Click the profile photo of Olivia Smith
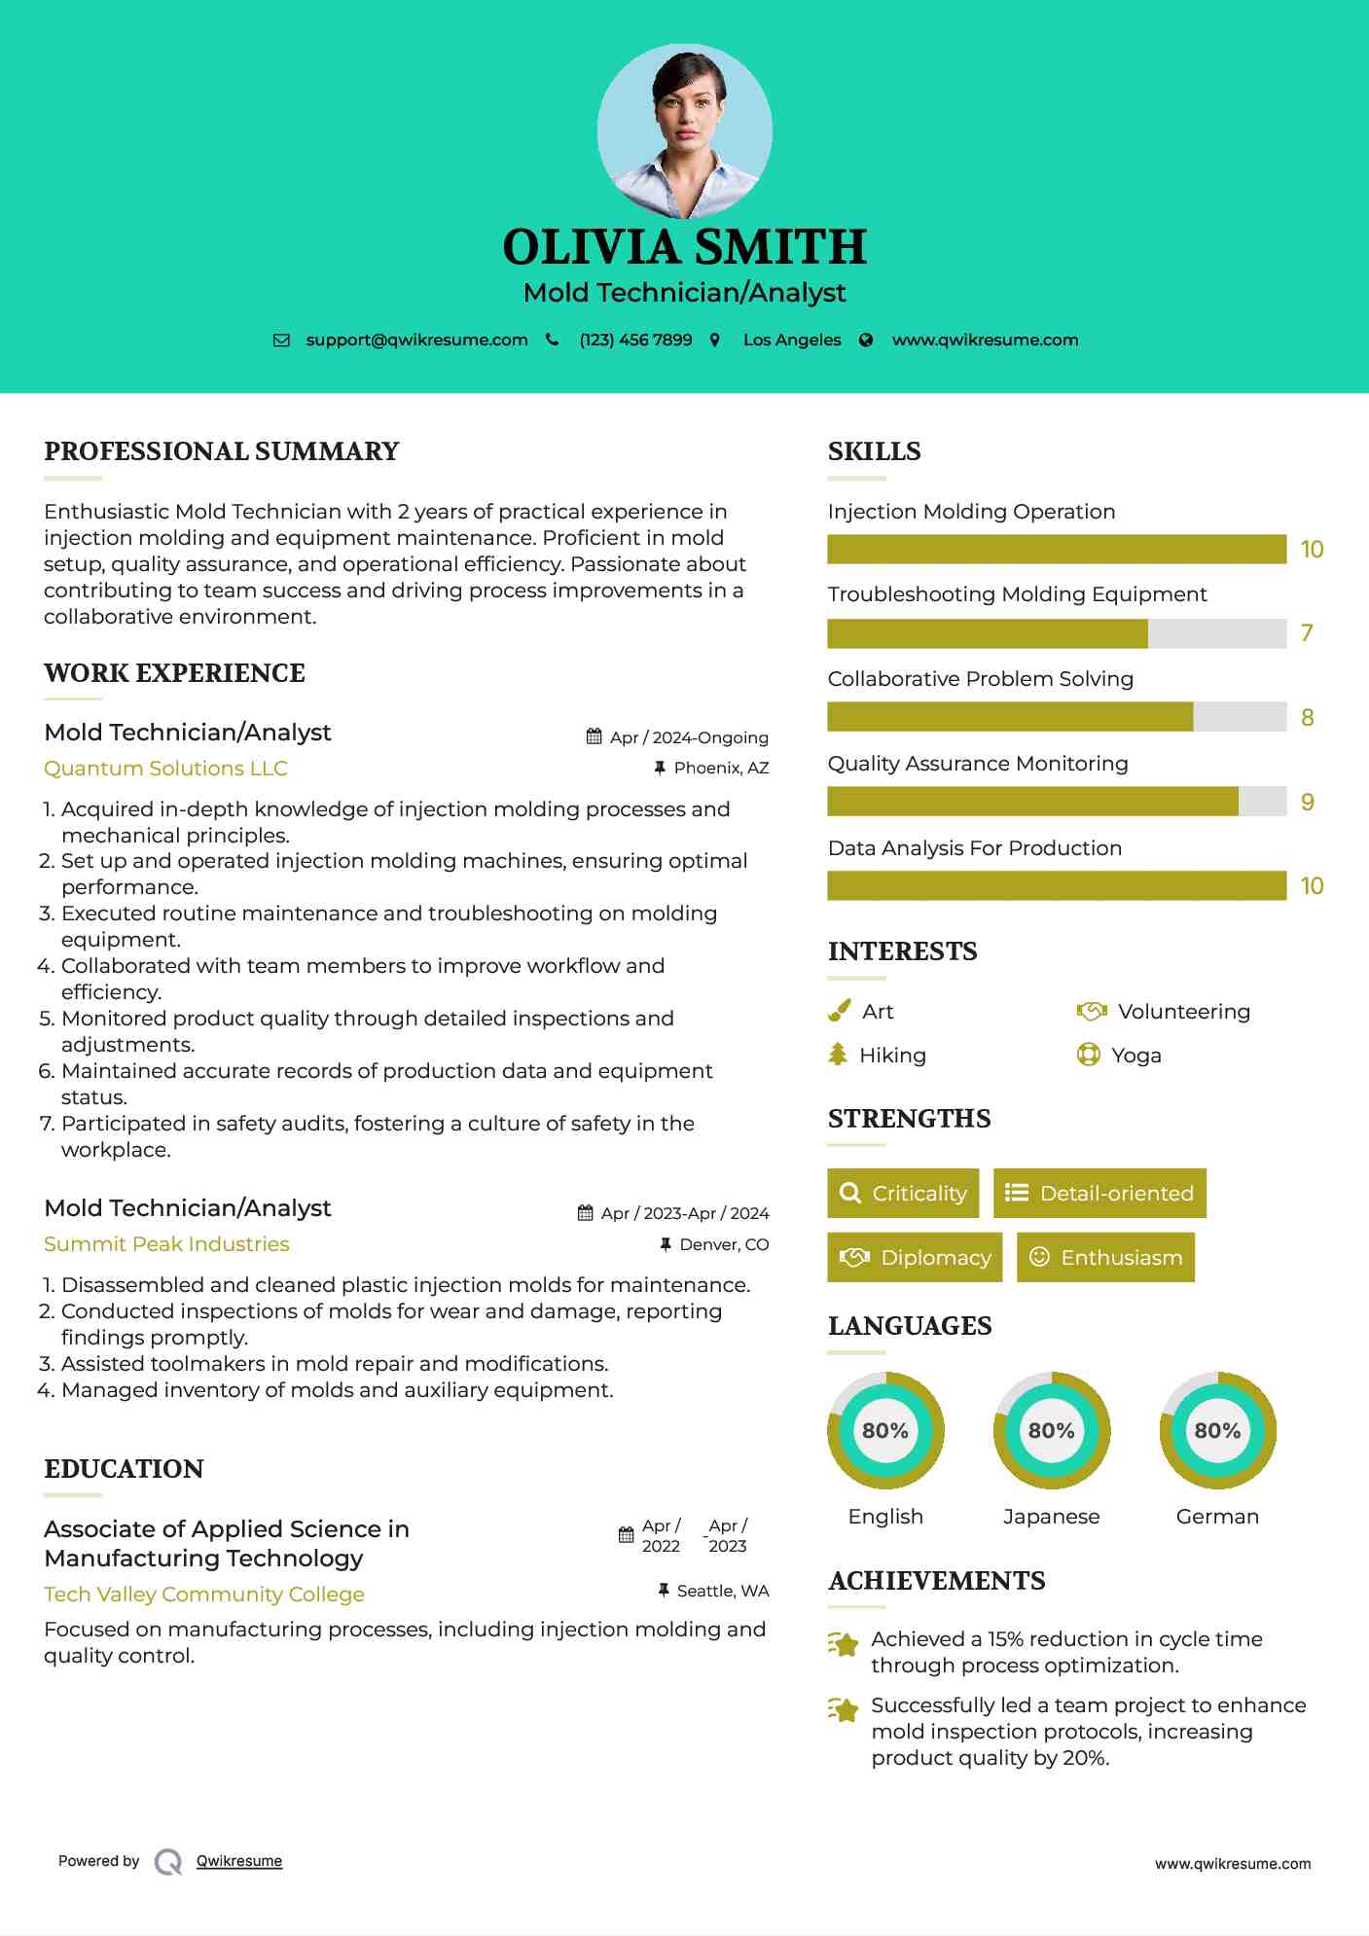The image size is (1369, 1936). point(684,130)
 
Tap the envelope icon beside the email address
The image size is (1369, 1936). point(281,341)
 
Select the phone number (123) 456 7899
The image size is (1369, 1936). point(635,341)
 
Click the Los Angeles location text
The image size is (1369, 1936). point(792,341)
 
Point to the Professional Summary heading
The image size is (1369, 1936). point(222,451)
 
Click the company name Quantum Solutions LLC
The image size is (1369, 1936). point(165,769)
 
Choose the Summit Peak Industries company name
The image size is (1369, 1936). point(166,1244)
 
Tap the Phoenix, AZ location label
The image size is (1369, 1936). point(721,769)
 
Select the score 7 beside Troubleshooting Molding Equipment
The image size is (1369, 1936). point(1307,633)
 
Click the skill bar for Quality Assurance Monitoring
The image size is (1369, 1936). point(1056,802)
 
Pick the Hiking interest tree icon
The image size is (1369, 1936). point(838,1055)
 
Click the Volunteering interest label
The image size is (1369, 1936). point(1183,1012)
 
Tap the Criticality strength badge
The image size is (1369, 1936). point(903,1194)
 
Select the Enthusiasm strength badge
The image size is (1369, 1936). point(1105,1258)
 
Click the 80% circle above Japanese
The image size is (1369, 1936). point(1051,1430)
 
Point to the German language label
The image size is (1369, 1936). point(1217,1517)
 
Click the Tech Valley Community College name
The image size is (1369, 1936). point(204,1595)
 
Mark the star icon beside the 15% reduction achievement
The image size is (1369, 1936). point(844,1644)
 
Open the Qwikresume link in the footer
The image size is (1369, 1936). point(239,1861)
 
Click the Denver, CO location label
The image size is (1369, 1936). point(724,1244)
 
